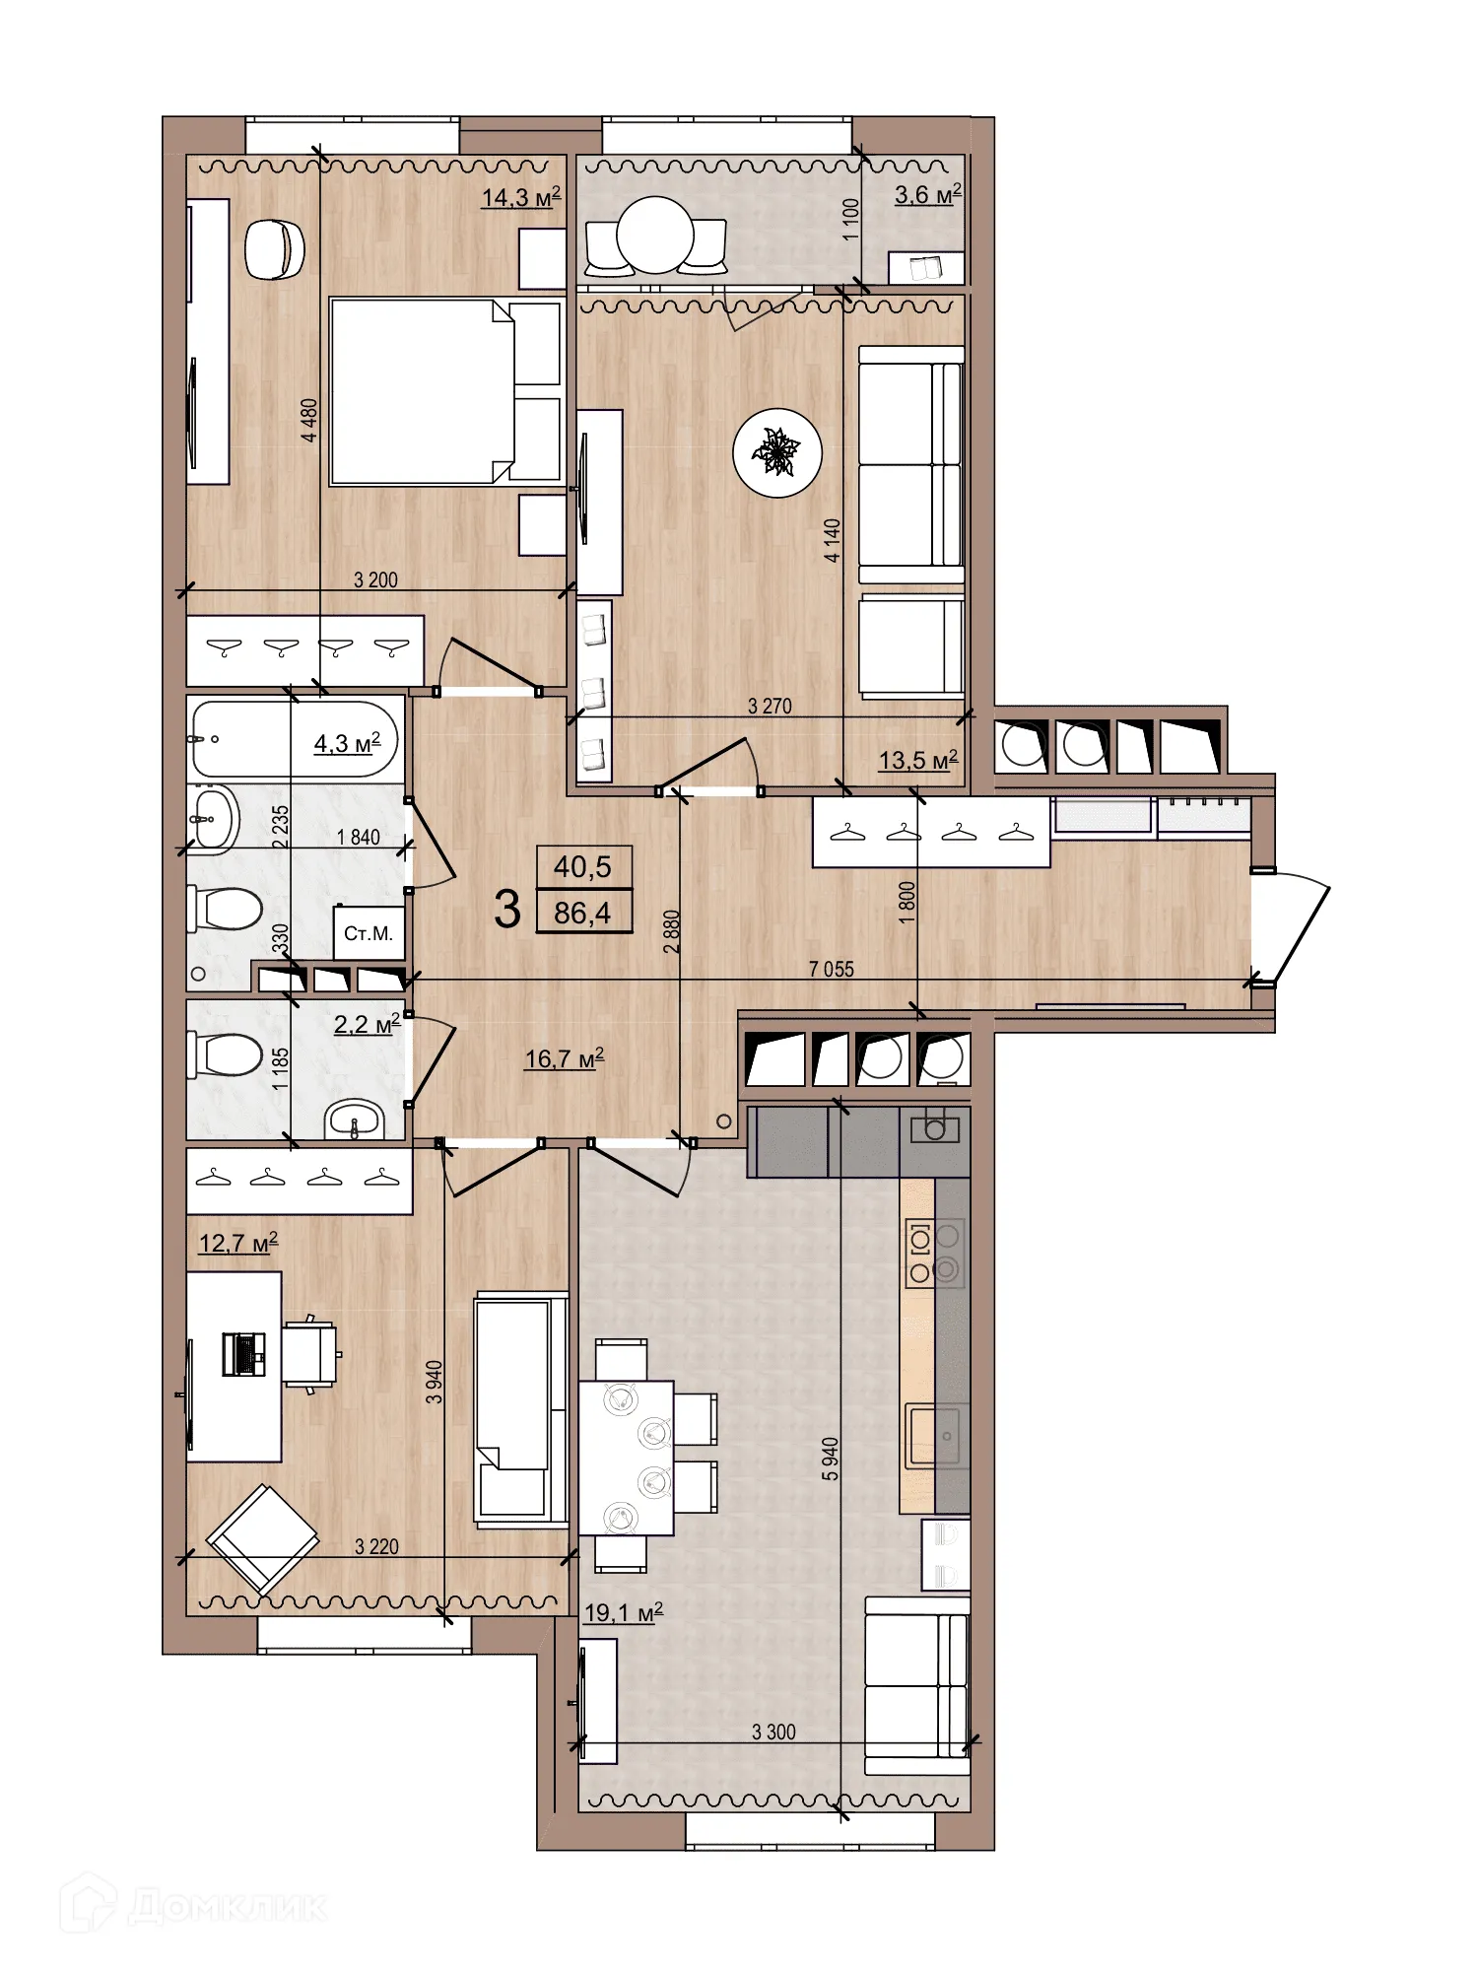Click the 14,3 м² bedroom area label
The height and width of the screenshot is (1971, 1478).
pos(520,197)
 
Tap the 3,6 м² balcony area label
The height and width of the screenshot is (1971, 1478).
pos(927,194)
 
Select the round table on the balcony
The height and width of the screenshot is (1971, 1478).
pos(655,236)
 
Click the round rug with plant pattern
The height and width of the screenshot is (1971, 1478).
pos(777,453)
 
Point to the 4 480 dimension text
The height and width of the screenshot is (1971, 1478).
pos(309,420)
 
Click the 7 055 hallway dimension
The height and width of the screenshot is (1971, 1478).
pos(831,969)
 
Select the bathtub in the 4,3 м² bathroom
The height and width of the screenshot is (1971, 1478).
pos(293,739)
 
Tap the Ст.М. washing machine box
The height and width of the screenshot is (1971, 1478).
pos(369,932)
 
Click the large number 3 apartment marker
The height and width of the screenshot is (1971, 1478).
pos(507,909)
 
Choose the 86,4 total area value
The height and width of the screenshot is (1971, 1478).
pos(582,913)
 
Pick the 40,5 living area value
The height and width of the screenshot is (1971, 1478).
pos(582,867)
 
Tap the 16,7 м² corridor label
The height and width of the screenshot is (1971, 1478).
pos(564,1059)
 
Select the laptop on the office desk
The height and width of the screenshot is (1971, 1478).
pos(243,1354)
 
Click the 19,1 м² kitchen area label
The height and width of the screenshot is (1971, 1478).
pos(623,1613)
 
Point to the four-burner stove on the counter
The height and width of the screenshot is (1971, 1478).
pos(934,1254)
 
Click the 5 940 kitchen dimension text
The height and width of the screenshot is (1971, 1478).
pos(831,1459)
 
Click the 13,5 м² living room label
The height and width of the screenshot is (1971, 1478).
pos(917,761)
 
